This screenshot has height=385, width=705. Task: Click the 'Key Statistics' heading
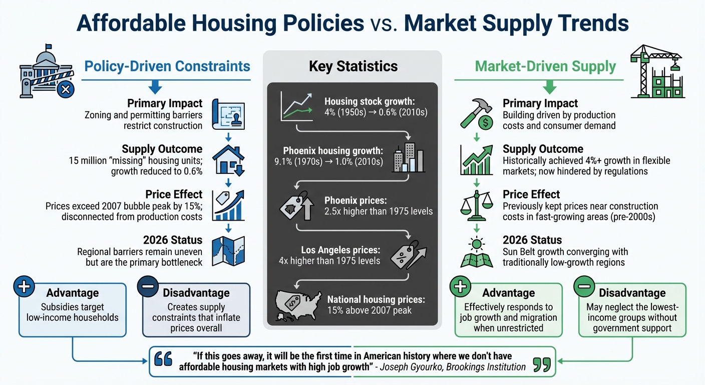[353, 66]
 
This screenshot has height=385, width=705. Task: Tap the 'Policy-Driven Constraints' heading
[167, 66]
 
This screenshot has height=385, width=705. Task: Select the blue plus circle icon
[24, 288]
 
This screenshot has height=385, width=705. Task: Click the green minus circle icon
[583, 288]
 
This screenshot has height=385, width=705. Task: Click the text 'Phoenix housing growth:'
[332, 151]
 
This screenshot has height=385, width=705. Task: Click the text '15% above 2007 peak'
[369, 310]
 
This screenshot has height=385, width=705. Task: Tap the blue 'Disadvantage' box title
[196, 293]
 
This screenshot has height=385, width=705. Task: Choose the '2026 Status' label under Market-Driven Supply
[532, 240]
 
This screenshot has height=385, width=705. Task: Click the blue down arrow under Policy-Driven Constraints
[156, 88]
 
